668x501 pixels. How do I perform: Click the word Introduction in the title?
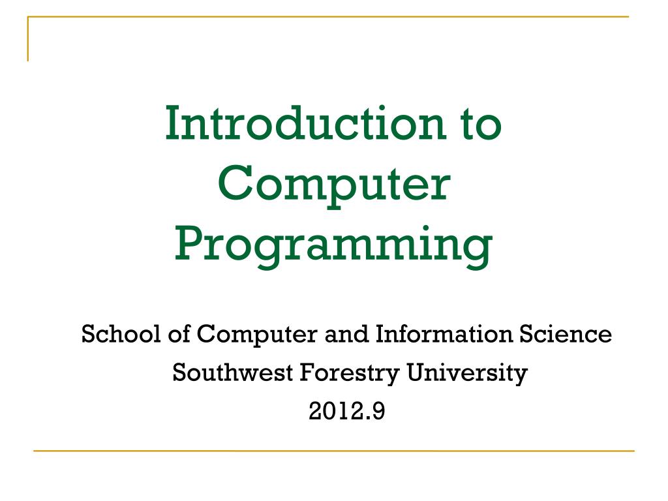306,123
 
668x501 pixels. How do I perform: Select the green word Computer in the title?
334,186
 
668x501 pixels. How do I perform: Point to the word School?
121,333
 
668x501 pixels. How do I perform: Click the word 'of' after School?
179,333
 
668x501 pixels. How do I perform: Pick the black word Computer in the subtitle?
257,335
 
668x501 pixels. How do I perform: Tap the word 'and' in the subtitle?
346,333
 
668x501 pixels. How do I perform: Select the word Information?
444,333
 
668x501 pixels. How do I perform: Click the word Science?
566,333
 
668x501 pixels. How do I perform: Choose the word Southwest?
233,372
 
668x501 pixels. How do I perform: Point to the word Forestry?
350,374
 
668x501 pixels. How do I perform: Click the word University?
467,374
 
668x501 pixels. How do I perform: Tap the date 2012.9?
347,412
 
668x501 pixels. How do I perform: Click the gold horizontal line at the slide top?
328,16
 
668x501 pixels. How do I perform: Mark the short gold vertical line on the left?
28,38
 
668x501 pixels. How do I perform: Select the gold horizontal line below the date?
334,451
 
